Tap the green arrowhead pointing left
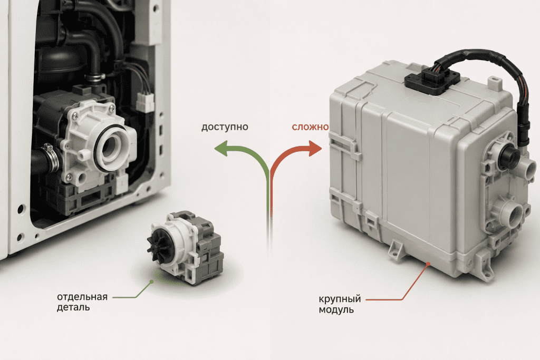[221, 148]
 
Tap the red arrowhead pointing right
[315, 148]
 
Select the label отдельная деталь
[82, 302]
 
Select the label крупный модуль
[340, 304]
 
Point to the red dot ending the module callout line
[428, 264]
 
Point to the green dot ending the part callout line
[151, 281]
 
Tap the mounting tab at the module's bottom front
[396, 249]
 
